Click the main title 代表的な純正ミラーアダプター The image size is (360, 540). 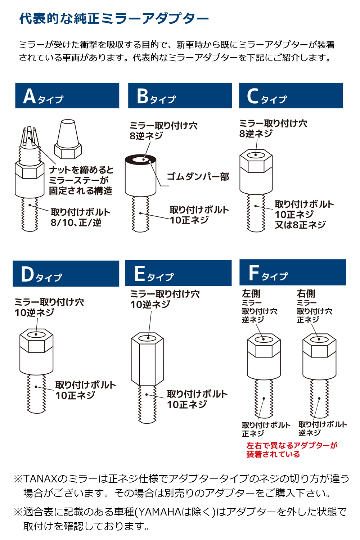114,18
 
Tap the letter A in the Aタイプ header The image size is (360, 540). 30,96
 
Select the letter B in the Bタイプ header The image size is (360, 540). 143,96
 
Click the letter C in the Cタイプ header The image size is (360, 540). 253,96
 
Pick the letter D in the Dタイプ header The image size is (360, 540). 27,274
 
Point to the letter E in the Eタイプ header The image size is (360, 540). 140,274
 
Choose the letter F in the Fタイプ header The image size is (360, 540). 254,273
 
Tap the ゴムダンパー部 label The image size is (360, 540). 198,177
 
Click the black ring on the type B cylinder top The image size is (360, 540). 140,159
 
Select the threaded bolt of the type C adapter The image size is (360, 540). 256,212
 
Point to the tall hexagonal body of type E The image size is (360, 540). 147,360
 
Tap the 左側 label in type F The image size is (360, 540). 251,294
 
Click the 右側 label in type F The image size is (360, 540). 306,294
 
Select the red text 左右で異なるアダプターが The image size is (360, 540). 292,445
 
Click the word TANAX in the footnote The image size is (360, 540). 40,479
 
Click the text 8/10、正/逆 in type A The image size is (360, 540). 76,223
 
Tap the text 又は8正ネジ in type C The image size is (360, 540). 300,225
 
